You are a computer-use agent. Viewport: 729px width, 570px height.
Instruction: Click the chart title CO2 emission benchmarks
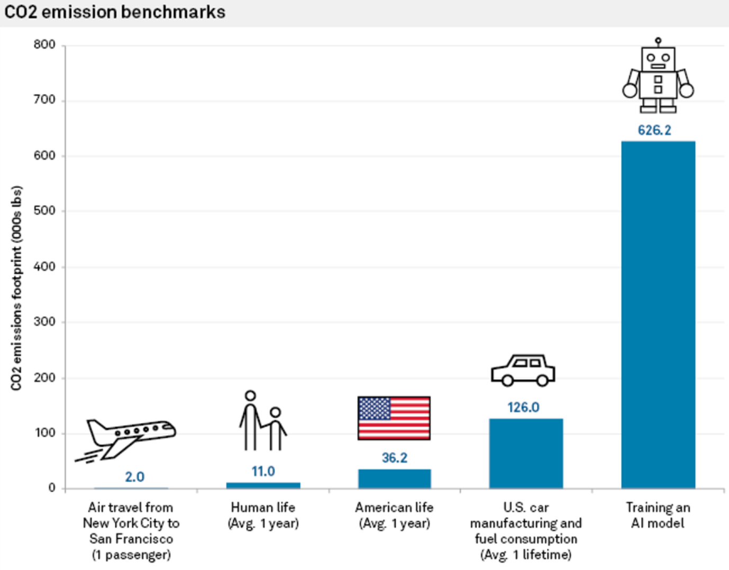(115, 12)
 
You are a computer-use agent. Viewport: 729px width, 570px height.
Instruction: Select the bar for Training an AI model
(658, 315)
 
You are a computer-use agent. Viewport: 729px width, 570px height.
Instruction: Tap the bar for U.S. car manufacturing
(526, 453)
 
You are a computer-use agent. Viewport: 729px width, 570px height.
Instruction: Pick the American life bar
(395, 479)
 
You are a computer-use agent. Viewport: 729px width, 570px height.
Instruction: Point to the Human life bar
(263, 485)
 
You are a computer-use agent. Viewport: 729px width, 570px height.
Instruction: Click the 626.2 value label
(654, 130)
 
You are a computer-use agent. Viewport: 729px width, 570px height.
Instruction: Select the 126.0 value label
(523, 407)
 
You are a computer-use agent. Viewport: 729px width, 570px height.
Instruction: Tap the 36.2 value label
(395, 457)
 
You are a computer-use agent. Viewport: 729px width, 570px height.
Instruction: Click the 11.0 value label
(263, 471)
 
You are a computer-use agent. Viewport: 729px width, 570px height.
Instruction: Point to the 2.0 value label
(134, 477)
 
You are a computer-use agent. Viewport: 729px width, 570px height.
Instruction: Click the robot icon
(658, 76)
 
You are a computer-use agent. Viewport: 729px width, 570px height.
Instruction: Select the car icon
(523, 370)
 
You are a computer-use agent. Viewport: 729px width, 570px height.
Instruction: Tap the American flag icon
(394, 418)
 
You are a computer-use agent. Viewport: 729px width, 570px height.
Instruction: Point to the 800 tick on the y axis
(44, 44)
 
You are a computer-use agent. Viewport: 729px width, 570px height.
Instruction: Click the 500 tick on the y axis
(44, 210)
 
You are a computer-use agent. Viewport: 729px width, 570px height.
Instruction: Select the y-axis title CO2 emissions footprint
(16, 288)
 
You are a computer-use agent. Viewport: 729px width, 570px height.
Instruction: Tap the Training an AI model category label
(658, 515)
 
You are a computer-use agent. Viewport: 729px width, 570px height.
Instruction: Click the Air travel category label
(131, 531)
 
